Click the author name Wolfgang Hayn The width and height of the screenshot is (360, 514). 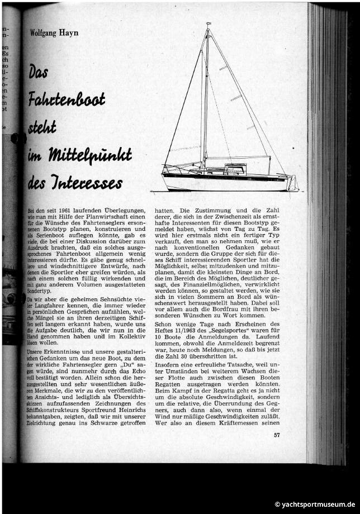(x=54, y=32)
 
